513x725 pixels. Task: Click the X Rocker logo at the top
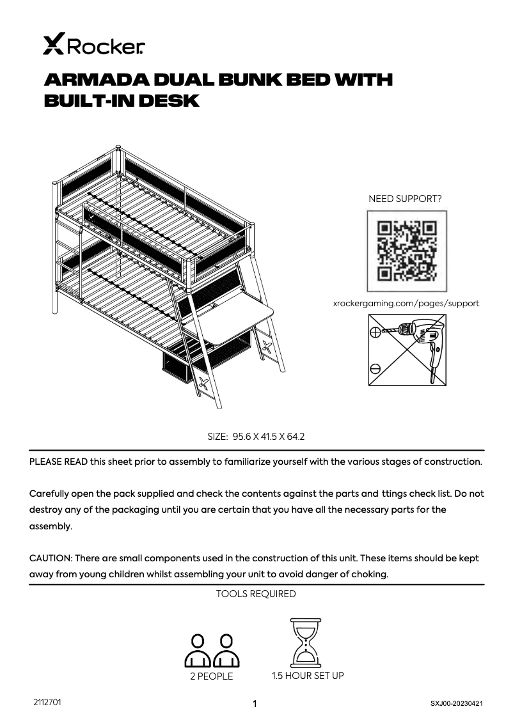93,46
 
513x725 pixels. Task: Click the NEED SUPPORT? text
405,199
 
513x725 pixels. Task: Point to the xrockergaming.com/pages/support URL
406,304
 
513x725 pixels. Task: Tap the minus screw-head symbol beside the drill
375,368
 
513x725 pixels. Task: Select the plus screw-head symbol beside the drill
375,332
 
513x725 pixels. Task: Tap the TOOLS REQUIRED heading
256,594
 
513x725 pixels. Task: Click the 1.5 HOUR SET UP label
308,676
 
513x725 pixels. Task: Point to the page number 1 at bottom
255,705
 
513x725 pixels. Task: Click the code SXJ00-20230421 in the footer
456,703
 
